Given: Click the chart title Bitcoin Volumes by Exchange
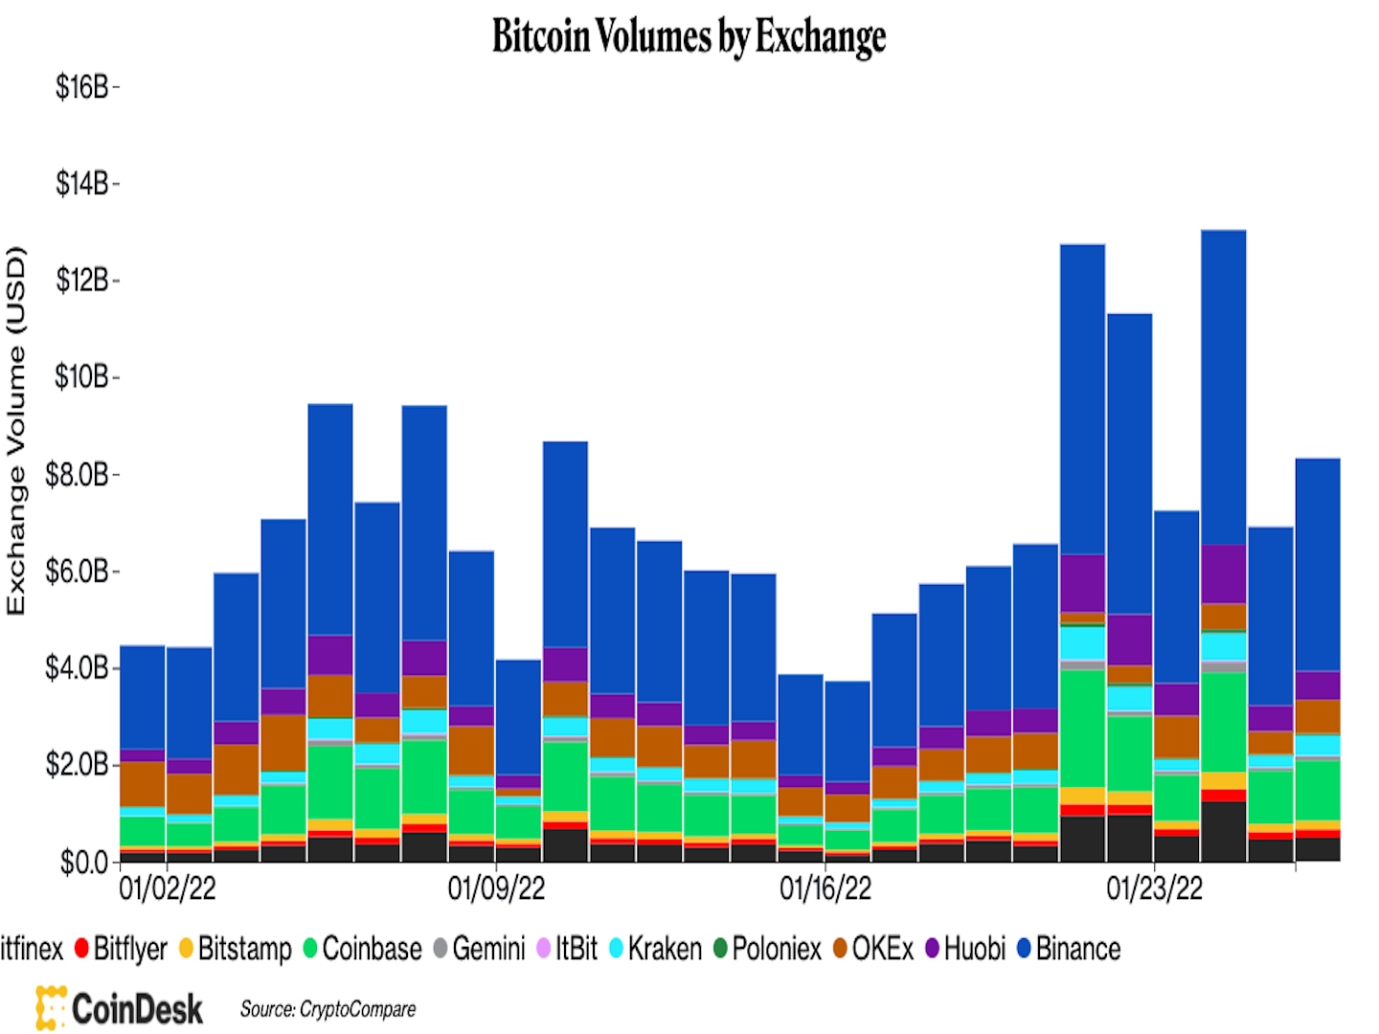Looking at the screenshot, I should click(689, 36).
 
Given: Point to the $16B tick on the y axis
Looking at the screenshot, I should click(82, 88).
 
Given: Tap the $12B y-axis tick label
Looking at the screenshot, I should click(82, 281).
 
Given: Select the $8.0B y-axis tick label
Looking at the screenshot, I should click(78, 475).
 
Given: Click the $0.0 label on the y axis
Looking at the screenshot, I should click(84, 863).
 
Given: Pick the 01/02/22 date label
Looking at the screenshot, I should click(167, 888).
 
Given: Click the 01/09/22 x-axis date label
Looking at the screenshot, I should click(496, 888).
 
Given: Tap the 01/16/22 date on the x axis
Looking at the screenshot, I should click(825, 888).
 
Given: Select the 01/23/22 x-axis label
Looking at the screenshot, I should click(1154, 888).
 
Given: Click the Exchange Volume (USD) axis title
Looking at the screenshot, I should click(16, 431).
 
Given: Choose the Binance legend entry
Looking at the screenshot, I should click(1069, 949).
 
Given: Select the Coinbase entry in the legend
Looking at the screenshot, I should click(363, 949).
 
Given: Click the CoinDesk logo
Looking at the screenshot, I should click(120, 1008).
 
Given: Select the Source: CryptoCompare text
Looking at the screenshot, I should click(328, 1009).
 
